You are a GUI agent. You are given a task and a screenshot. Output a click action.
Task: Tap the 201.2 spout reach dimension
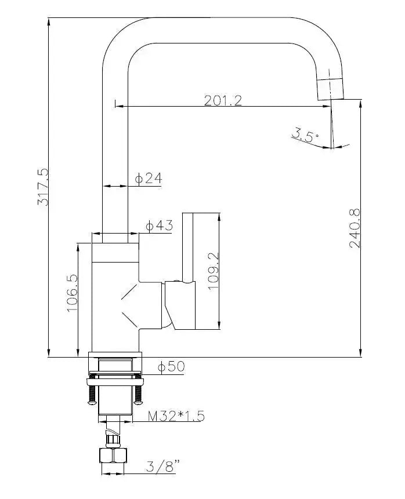point(222,100)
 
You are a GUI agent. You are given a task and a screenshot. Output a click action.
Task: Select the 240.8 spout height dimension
point(355,228)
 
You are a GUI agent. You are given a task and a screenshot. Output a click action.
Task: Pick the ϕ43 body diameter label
point(159,226)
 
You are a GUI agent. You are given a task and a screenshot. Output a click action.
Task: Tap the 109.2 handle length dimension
point(212,271)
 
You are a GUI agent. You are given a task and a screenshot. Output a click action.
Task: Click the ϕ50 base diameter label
point(171,366)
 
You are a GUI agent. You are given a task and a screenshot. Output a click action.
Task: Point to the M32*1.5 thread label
point(176,416)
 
